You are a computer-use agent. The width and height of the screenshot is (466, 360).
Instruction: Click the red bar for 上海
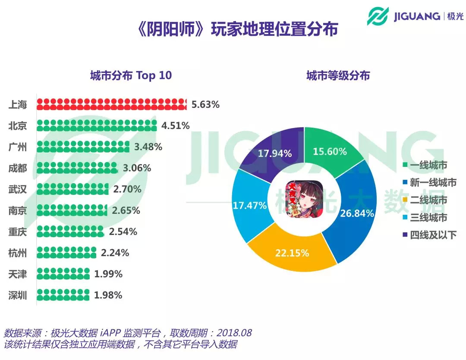(111, 104)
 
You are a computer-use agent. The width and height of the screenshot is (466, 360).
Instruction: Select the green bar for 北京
(97, 125)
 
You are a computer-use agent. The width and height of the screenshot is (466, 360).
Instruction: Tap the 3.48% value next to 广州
(148, 147)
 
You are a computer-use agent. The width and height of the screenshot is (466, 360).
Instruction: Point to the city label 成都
(18, 168)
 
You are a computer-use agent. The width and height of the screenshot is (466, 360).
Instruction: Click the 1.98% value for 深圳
(108, 295)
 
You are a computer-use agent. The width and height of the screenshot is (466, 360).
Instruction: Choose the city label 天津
(18, 274)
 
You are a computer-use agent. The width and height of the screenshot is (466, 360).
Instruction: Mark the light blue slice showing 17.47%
(249, 205)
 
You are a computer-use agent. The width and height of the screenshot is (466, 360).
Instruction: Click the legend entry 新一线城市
(433, 183)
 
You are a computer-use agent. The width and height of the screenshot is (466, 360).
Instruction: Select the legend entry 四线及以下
(433, 235)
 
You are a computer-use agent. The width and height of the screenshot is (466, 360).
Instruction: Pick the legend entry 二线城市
(428, 200)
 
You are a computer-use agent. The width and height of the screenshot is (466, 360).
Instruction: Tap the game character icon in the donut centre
(304, 200)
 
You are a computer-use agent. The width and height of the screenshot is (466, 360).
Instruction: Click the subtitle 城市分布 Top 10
(131, 75)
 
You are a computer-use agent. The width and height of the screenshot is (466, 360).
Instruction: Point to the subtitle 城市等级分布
(338, 75)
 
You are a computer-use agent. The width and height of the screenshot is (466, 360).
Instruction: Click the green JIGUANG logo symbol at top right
(378, 16)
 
